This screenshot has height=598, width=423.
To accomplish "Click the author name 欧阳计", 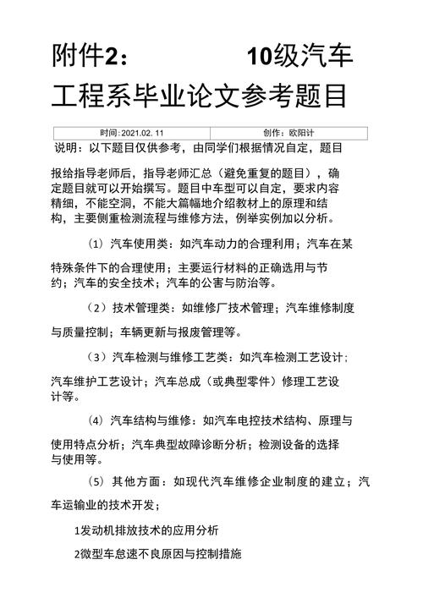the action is coord(301,133).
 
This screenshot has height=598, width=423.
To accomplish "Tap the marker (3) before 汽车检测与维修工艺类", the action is coord(100,357).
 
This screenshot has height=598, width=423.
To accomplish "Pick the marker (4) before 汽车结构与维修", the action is coord(100,420).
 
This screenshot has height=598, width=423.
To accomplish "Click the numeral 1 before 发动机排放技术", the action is coord(75,530).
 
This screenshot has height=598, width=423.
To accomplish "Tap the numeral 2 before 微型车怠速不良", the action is coord(75,555).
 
